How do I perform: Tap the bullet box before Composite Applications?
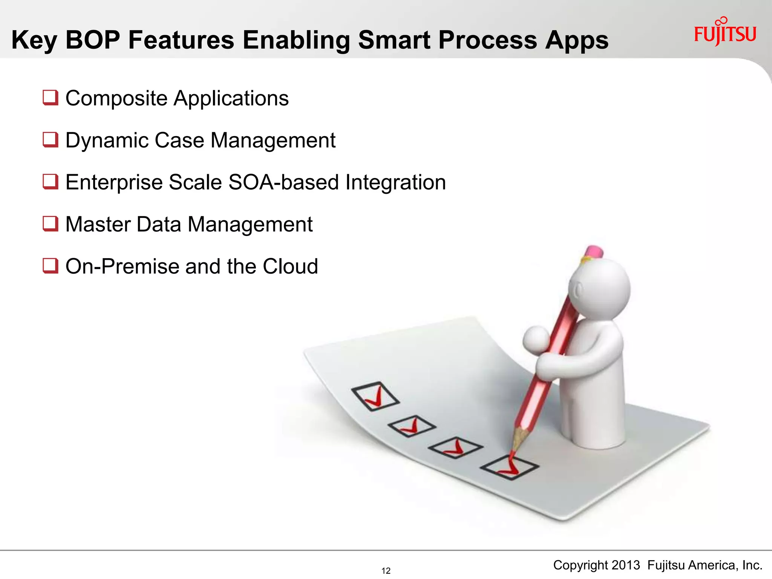pyautogui.click(x=51, y=98)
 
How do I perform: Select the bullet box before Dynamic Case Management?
pyautogui.click(x=51, y=140)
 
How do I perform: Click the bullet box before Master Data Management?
pyautogui.click(x=51, y=224)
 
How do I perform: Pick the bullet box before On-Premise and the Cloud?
pyautogui.click(x=51, y=266)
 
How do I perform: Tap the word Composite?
pyautogui.click(x=116, y=99)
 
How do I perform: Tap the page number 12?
pyautogui.click(x=386, y=571)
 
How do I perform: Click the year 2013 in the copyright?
pyautogui.click(x=626, y=565)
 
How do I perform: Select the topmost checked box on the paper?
pyautogui.click(x=375, y=396)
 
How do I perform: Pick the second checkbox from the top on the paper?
pyautogui.click(x=412, y=426)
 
